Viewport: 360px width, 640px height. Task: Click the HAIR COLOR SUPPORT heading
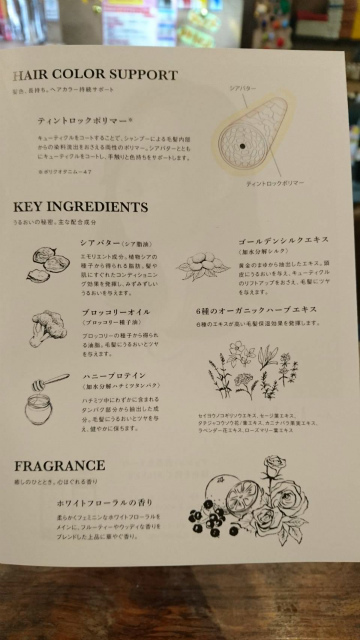95,76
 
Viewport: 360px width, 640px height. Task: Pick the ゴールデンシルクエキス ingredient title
283,242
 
